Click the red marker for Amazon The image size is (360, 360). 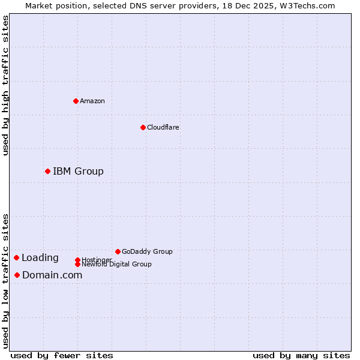(x=76, y=101)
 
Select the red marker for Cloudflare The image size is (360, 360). (x=143, y=127)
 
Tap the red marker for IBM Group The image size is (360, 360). (x=47, y=171)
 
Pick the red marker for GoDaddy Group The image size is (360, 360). (x=118, y=251)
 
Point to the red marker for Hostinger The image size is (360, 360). (x=77, y=260)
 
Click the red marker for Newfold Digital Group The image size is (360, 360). (x=77, y=264)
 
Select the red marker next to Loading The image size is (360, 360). (x=16, y=257)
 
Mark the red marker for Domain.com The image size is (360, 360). (x=17, y=275)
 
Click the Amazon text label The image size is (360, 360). (x=92, y=101)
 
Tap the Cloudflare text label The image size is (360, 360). (x=163, y=127)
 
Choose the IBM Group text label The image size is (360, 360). (x=78, y=172)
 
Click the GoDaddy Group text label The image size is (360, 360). (x=147, y=251)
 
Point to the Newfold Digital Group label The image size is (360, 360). (x=116, y=264)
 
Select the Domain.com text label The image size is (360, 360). (x=52, y=275)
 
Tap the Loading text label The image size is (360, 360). (x=40, y=258)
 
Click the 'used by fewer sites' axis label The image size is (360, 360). (x=62, y=355)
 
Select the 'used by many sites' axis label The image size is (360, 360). (x=301, y=355)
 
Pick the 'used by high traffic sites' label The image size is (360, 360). (x=5, y=85)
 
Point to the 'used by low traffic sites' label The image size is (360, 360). (x=5, y=280)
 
